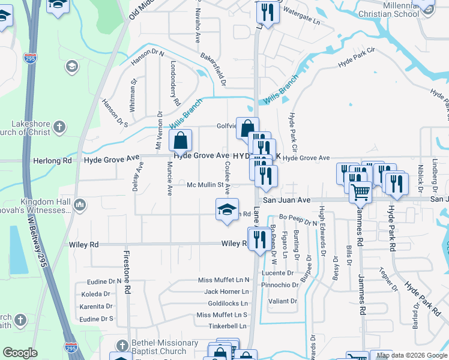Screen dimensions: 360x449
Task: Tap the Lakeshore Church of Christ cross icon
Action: coord(59,127)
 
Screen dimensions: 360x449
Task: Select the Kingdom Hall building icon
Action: coord(80,206)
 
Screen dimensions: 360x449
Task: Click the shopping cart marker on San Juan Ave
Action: coord(360,192)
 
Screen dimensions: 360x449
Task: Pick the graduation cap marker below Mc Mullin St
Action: coord(227,209)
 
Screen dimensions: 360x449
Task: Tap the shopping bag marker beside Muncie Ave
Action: coord(180,141)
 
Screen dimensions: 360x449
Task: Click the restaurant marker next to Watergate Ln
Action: coord(267,12)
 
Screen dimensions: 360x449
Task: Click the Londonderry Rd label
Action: coord(175,83)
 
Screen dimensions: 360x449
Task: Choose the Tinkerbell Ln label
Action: coord(228,326)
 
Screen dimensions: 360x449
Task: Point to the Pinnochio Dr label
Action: coord(279,284)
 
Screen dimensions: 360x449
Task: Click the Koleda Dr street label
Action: coord(95,294)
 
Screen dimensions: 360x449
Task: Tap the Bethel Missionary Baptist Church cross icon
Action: coord(122,346)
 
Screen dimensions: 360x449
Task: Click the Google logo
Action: coord(20,352)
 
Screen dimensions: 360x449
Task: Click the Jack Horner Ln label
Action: coord(226,292)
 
